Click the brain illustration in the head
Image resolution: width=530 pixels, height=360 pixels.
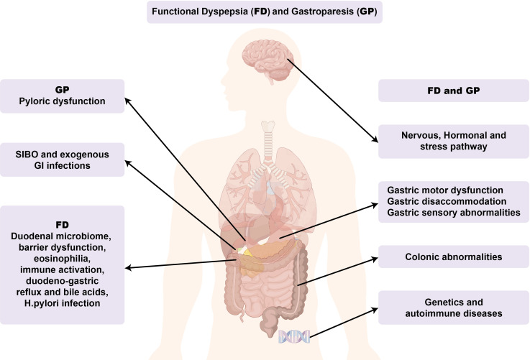(266, 57)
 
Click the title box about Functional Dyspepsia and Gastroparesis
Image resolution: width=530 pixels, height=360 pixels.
(265, 12)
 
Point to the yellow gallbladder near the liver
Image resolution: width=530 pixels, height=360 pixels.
(247, 252)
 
